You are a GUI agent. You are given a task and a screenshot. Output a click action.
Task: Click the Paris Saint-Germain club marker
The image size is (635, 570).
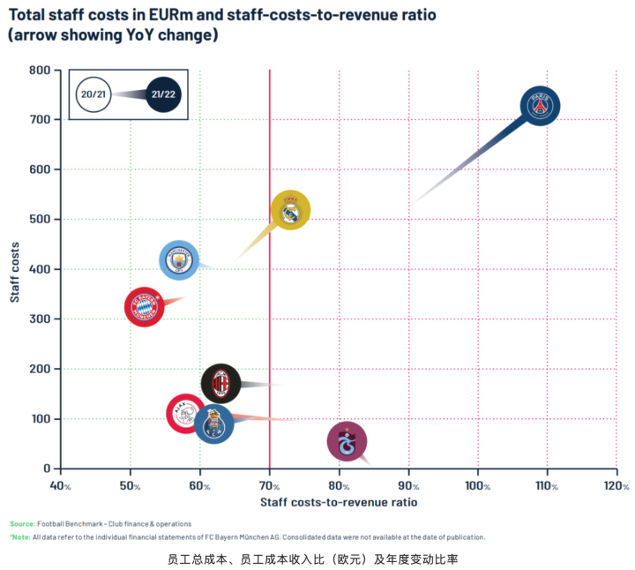point(540,106)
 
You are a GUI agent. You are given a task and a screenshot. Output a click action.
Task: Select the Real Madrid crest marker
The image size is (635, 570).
point(290,211)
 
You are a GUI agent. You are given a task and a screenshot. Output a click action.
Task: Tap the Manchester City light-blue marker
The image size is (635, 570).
point(180,260)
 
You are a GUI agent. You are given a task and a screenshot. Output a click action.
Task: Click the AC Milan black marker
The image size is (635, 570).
point(220,384)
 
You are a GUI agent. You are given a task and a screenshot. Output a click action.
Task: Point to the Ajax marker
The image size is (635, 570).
point(186,414)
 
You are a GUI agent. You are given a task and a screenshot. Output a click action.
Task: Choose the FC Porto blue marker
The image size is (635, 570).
point(213,425)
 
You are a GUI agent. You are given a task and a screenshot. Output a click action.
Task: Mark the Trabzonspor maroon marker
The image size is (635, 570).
point(347,442)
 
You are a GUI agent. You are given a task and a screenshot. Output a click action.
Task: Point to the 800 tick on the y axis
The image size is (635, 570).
point(38,71)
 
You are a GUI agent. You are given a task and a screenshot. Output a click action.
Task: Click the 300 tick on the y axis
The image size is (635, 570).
point(38,319)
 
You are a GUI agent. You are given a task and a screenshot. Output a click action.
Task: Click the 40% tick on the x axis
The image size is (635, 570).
point(61,486)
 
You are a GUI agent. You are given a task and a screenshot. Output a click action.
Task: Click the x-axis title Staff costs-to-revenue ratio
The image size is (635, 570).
point(339,502)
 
